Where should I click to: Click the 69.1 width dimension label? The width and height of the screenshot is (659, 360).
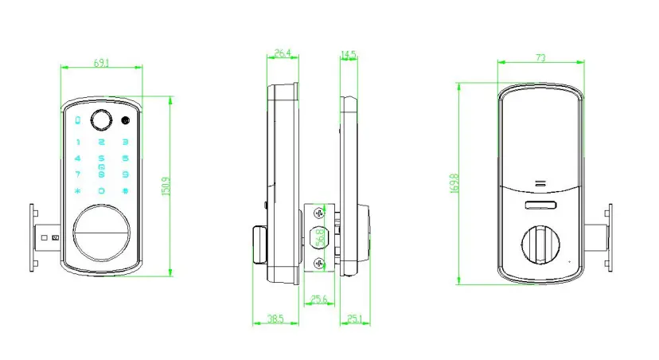point(101,62)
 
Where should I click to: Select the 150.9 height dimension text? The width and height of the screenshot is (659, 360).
point(166,188)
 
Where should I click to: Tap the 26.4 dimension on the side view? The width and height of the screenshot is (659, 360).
point(282,54)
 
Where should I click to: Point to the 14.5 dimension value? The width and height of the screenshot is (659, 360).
point(348,54)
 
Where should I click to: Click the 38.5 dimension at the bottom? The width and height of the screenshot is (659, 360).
point(275,319)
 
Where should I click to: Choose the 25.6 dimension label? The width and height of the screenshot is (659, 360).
point(319,300)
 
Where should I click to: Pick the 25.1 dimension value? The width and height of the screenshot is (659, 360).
point(354,319)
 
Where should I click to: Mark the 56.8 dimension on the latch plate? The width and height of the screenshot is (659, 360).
point(319,237)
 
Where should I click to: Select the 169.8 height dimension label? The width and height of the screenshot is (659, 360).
point(454,184)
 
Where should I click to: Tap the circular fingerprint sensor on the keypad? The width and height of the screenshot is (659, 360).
point(102,122)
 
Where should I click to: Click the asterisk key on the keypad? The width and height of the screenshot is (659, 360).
point(77,191)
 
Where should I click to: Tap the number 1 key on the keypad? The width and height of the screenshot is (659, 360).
point(77,142)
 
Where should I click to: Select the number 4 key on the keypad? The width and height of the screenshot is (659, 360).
point(77,158)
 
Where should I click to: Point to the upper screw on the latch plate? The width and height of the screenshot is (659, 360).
point(319,213)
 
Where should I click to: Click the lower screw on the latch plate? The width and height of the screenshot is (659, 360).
point(319,263)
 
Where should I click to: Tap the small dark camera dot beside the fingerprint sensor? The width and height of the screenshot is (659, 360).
point(126,122)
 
